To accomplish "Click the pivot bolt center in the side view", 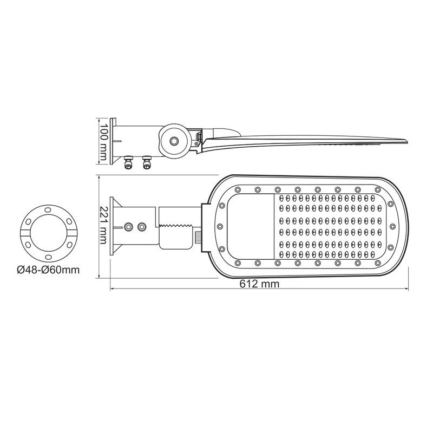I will pos(174,141).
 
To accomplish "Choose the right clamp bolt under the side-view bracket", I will pos(146,162).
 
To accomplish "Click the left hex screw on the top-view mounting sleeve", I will pos(129,227).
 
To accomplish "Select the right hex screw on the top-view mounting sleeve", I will pos(142,227).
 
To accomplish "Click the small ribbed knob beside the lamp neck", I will pos(198,237).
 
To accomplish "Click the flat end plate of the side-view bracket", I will pos(112,141).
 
